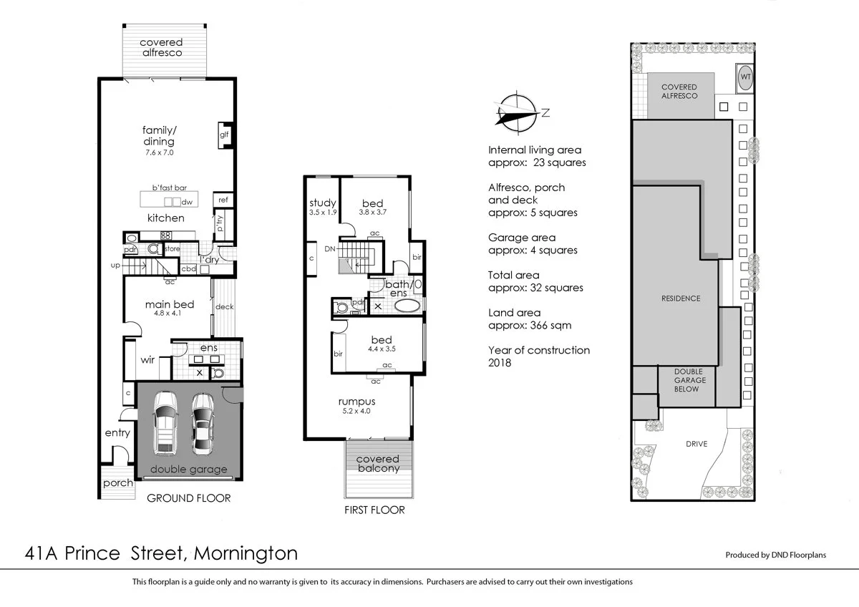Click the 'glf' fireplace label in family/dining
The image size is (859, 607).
(x=223, y=134)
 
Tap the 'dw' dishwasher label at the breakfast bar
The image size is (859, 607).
(x=187, y=202)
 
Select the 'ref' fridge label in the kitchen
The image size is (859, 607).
(x=223, y=200)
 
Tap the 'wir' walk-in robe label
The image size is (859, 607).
(x=148, y=359)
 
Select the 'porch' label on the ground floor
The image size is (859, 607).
(x=118, y=483)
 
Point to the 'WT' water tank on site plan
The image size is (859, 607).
(x=745, y=77)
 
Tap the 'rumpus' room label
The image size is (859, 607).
(x=356, y=402)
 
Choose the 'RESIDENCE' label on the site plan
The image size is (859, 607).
(x=680, y=298)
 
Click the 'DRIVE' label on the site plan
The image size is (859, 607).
(x=696, y=444)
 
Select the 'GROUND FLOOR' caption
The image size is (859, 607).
(x=188, y=497)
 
